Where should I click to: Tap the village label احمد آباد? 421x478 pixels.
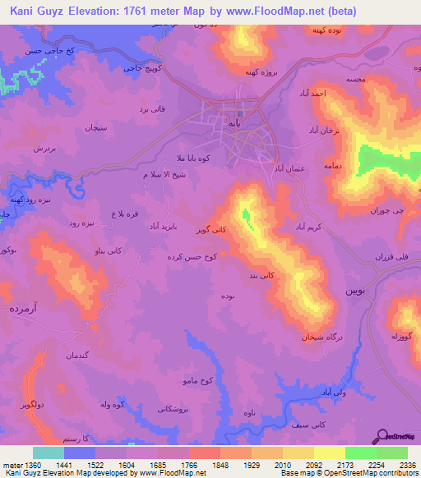(x=315, y=96)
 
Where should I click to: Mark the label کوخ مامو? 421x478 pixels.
(x=197, y=381)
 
